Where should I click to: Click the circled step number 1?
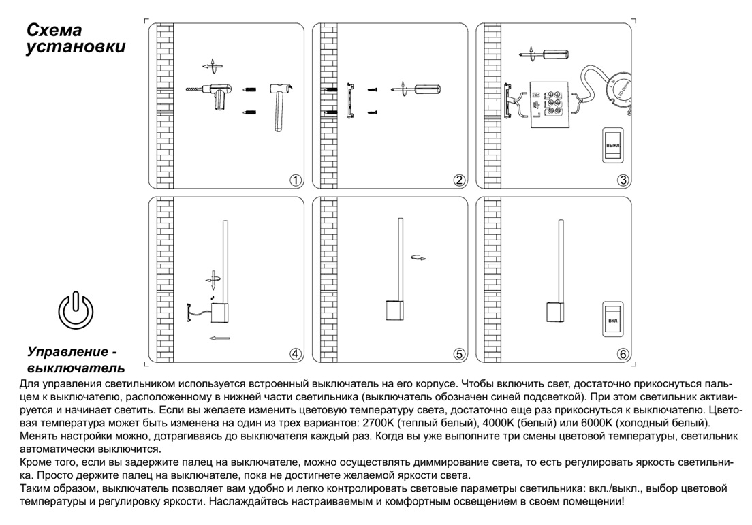[295, 180]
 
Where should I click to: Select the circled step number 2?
[459, 180]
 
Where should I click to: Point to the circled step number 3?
[623, 180]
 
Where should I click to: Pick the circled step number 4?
[295, 354]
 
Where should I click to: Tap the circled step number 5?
[459, 354]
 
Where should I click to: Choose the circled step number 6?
[623, 354]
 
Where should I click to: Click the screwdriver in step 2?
[416, 89]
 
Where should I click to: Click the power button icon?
[76, 308]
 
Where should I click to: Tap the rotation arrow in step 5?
[420, 258]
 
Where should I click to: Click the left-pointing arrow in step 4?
[219, 338]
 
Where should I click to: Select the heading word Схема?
[54, 31]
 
